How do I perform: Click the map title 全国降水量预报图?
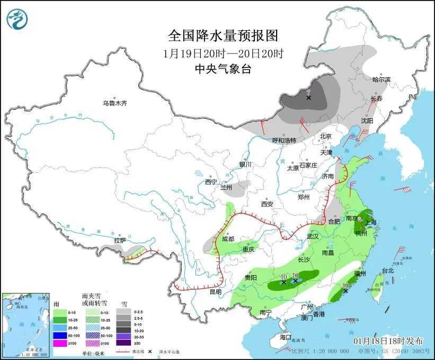(223, 36)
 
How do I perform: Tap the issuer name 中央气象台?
(223, 68)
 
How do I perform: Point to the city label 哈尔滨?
(381, 80)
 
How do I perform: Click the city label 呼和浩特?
(284, 141)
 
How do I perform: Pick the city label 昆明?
(216, 292)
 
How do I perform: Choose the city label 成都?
(228, 239)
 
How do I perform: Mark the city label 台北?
(388, 270)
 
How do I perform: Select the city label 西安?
(267, 204)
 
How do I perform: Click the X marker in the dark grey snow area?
(308, 98)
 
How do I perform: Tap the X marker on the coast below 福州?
(345, 291)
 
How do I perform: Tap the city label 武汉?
(313, 236)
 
